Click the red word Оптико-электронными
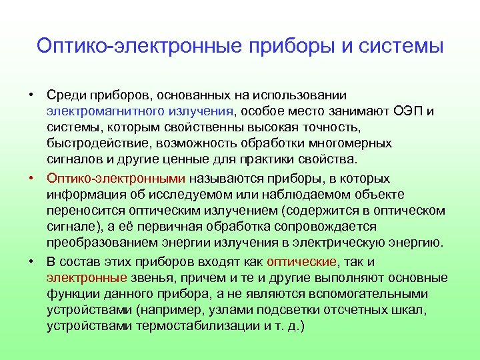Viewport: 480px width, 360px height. [116, 179]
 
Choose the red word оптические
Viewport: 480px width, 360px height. [301, 261]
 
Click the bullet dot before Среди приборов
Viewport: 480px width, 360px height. [31, 95]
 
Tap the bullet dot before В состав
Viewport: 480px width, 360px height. [31, 261]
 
